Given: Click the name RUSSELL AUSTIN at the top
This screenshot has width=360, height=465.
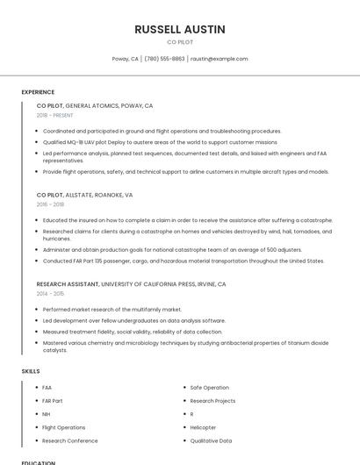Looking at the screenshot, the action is coord(180,30).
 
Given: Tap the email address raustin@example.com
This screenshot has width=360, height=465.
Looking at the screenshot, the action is coord(219,59).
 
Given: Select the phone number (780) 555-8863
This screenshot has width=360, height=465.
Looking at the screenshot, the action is coord(164,59).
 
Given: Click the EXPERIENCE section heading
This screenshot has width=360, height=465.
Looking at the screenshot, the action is coord(38,92).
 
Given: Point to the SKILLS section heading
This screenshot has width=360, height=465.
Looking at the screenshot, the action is coord(31,371).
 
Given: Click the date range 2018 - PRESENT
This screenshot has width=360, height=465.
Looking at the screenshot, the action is coord(55,115).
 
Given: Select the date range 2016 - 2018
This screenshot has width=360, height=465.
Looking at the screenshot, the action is coord(50,204).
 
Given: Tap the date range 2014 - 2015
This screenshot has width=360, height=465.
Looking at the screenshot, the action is coord(50,294).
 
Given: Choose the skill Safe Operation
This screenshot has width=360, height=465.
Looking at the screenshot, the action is coord(210,387).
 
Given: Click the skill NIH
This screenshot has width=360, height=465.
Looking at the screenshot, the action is coord(46,414).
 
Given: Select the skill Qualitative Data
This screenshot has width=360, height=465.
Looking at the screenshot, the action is coord(211,440).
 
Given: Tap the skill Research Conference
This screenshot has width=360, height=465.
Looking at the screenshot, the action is coord(69,440).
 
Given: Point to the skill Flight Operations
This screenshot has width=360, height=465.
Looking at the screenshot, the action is coord(63,427).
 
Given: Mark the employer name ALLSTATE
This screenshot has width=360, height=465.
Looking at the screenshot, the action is coord(81,195).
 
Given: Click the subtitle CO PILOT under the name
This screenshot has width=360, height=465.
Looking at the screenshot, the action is coord(180,42).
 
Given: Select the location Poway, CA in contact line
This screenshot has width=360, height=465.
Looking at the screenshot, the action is coord(125,59).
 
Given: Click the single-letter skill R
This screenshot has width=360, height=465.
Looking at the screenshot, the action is coord(191,414).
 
